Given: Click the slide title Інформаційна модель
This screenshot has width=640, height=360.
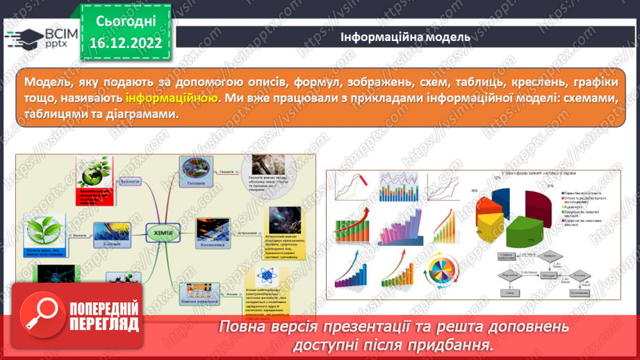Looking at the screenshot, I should [x=405, y=38].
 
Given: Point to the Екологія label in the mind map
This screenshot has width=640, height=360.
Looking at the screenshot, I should [x=130, y=182].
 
